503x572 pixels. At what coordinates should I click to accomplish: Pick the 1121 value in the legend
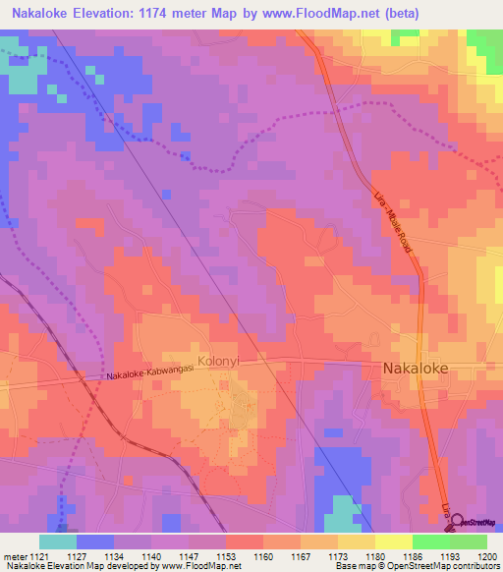38,555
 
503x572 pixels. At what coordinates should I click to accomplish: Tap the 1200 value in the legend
487,555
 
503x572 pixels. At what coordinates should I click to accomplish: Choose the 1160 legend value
262,555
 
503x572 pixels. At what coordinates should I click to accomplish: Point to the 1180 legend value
374,555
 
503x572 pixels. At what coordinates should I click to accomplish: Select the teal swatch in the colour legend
57,542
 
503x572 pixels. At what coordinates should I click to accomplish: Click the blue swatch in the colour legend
94,542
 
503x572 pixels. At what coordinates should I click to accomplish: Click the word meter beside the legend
13,555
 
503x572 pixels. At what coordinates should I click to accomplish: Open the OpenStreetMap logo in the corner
473,522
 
